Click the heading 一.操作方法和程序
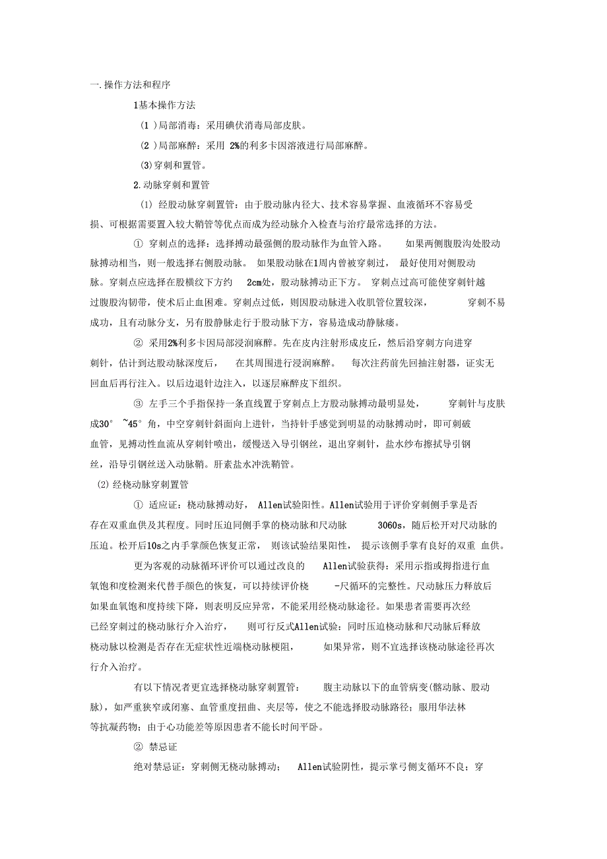tap(131, 84)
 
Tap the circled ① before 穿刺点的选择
tap(139, 244)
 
